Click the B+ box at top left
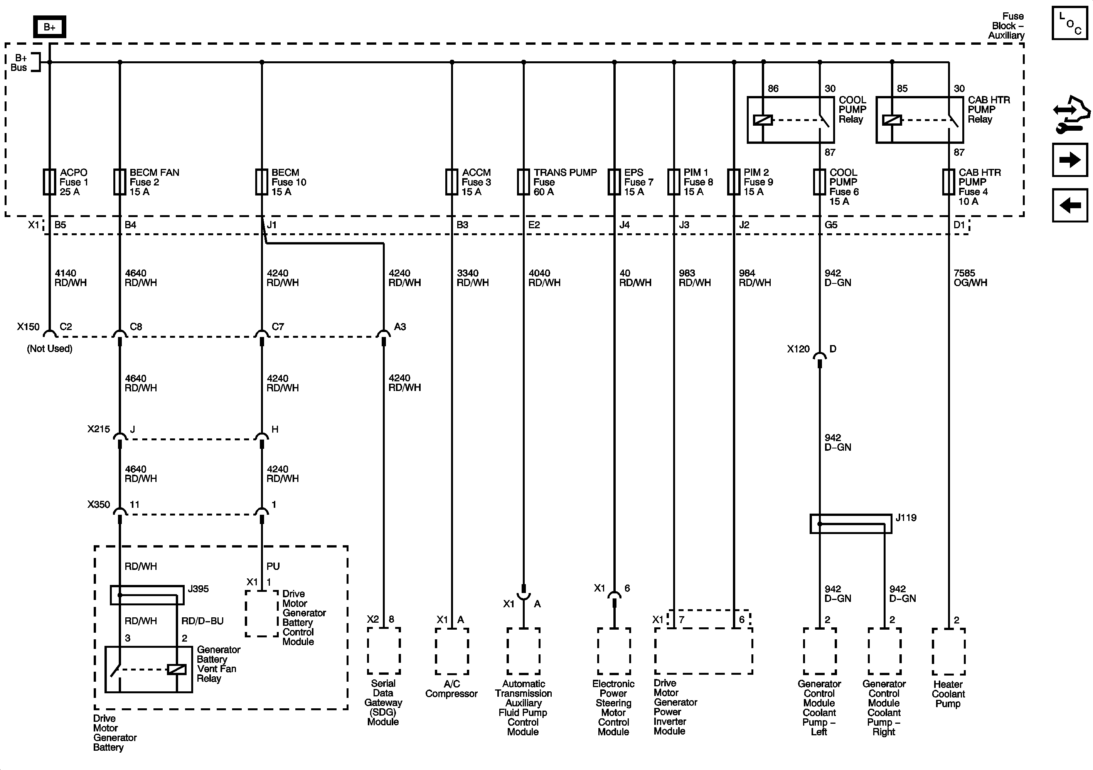tap(49, 27)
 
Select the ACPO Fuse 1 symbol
tap(49, 182)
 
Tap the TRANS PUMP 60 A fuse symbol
tap(524, 182)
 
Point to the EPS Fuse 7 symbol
tap(614, 182)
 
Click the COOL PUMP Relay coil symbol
tap(763, 120)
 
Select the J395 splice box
tap(147, 595)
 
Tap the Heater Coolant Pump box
tap(948, 651)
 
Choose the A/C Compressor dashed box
tap(452, 651)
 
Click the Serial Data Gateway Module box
tap(384, 650)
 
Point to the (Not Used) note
tap(49, 349)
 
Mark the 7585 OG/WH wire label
tap(970, 278)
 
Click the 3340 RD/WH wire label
tap(472, 278)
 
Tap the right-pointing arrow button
tap(1069, 160)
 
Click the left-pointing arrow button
tap(1069, 205)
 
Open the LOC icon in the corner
tap(1069, 23)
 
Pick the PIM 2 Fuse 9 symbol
tap(734, 182)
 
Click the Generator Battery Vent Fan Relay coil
tap(177, 669)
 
